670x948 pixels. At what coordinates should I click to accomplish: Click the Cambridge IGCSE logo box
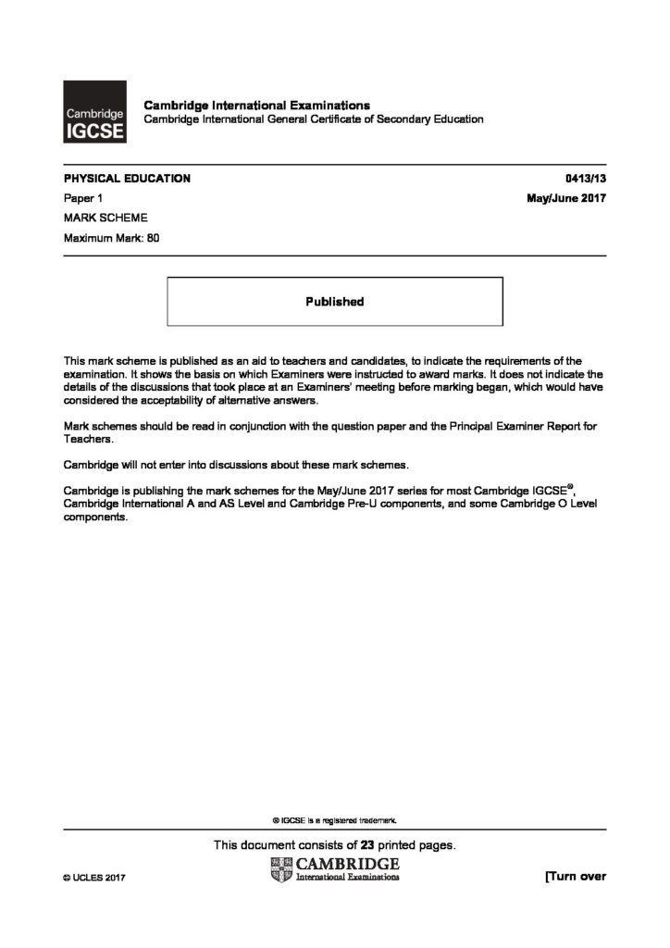point(94,112)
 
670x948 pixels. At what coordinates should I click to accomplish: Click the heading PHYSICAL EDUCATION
point(127,179)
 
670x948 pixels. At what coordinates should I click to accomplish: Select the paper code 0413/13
point(584,179)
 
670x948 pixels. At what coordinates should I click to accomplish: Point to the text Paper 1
point(81,199)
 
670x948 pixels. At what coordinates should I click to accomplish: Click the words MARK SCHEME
point(99,218)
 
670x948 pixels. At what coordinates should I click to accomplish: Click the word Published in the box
point(334,301)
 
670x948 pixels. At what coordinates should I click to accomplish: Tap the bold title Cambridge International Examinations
point(256,106)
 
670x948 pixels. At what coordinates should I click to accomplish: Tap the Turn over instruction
point(576,877)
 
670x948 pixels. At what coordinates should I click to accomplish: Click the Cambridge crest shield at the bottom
point(280,869)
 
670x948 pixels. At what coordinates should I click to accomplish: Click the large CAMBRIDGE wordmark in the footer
point(348,864)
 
